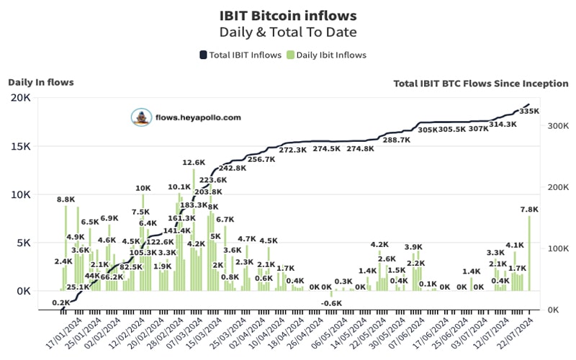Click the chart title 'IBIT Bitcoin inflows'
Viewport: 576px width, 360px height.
click(287, 14)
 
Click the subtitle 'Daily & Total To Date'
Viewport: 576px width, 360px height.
click(287, 32)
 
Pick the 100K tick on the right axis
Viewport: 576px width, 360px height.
click(551, 248)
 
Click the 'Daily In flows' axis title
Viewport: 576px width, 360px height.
click(40, 82)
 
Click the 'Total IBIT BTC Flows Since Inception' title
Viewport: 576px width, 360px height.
click(480, 84)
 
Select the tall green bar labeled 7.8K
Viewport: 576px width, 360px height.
click(529, 252)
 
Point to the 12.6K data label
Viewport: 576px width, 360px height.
click(194, 163)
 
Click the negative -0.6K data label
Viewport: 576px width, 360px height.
click(332, 303)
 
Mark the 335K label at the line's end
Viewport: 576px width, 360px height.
click(529, 112)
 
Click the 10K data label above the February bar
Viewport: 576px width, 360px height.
click(143, 189)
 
